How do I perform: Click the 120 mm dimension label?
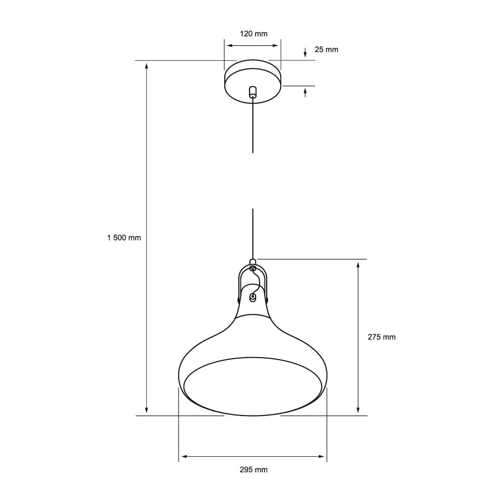tap(253, 34)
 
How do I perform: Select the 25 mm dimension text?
tap(326, 49)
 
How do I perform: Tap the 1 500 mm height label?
tap(124, 238)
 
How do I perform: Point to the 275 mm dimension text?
tap(381, 337)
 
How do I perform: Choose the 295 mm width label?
tap(253, 470)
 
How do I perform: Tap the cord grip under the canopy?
tap(253, 93)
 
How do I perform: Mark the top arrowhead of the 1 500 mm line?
tap(146, 65)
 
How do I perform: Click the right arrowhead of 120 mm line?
tap(276, 45)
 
